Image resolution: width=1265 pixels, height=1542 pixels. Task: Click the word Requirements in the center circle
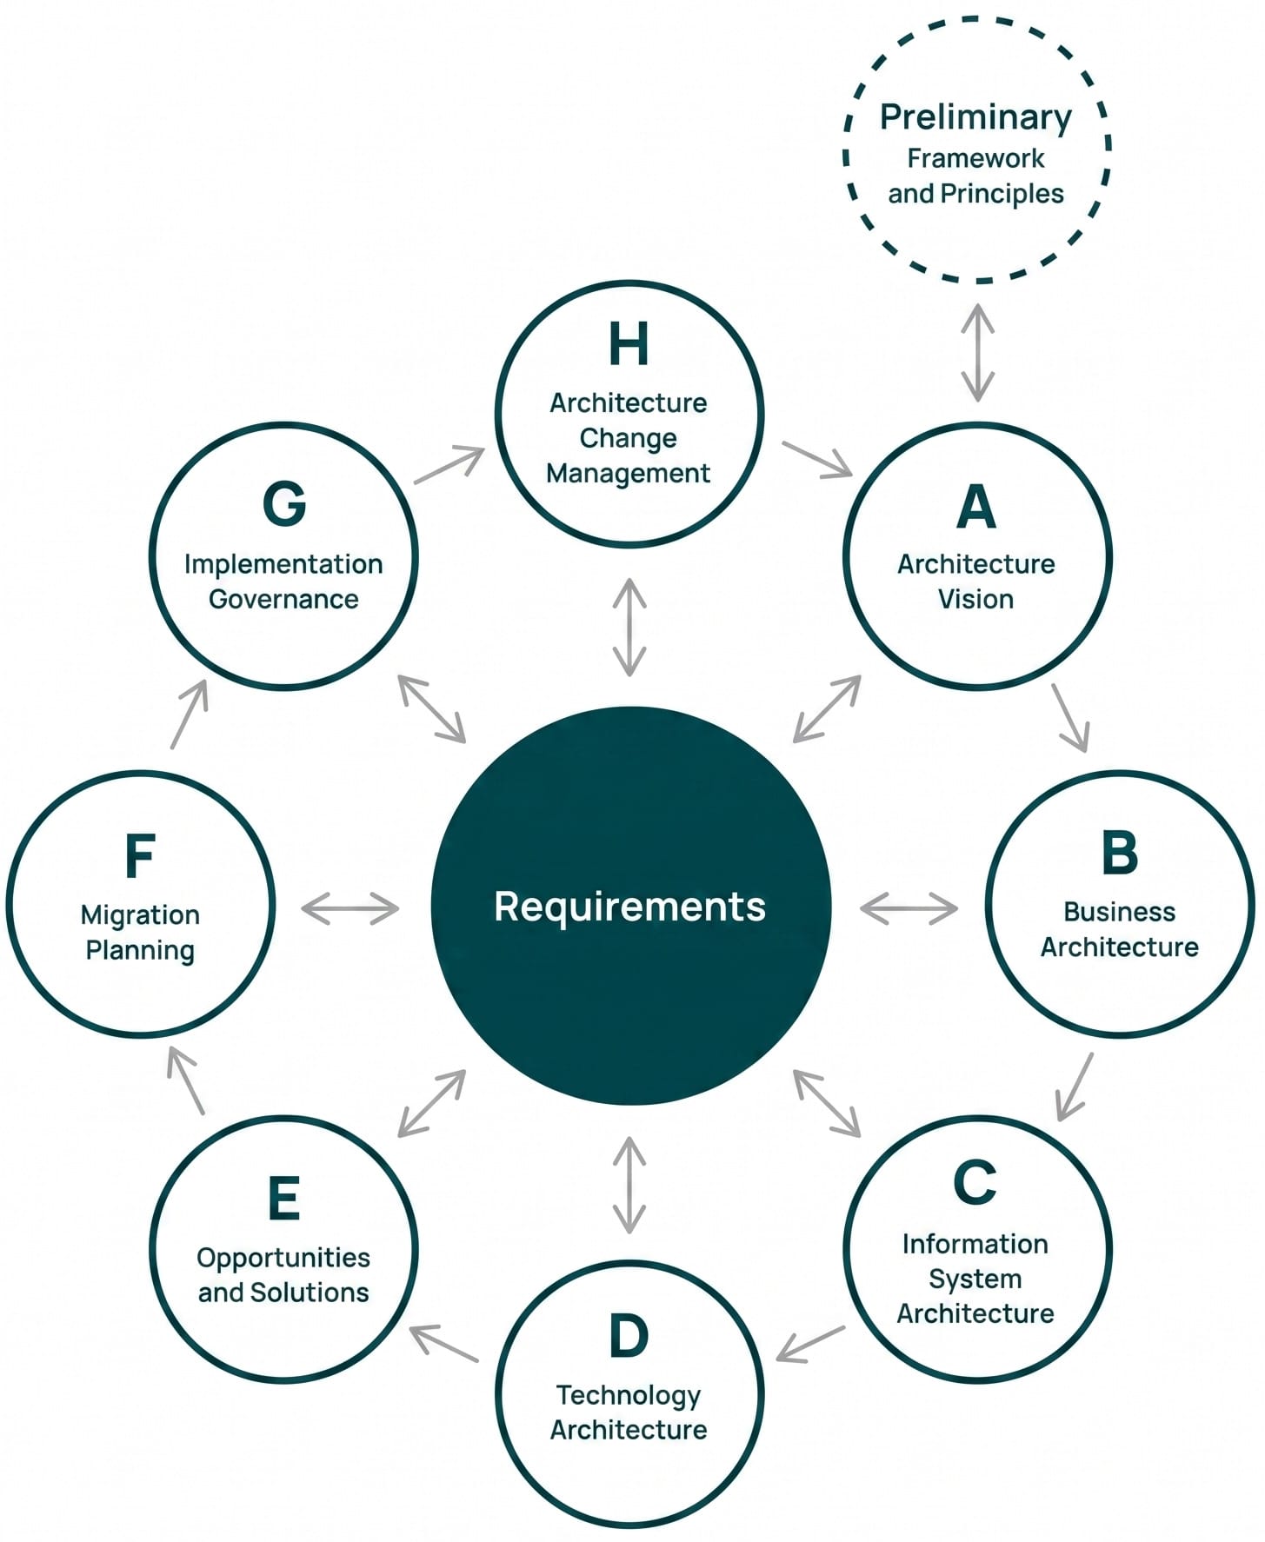pyautogui.click(x=629, y=906)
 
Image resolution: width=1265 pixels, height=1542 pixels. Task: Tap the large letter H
pyautogui.click(x=629, y=344)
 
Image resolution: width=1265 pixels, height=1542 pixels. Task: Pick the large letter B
pyautogui.click(x=1119, y=853)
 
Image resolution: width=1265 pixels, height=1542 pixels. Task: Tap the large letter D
pyautogui.click(x=629, y=1336)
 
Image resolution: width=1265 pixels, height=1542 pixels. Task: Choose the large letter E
pyautogui.click(x=284, y=1199)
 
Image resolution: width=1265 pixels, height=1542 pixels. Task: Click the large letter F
pyautogui.click(x=140, y=856)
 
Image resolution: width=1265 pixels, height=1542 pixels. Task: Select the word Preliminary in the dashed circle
pyautogui.click(x=975, y=116)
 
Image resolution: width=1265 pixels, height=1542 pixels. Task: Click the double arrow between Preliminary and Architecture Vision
pyautogui.click(x=977, y=352)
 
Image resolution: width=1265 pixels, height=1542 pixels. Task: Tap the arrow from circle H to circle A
pyautogui.click(x=817, y=459)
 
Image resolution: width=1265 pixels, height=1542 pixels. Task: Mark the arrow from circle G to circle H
pyautogui.click(x=449, y=464)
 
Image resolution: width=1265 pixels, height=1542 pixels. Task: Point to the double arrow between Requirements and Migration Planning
pyautogui.click(x=350, y=908)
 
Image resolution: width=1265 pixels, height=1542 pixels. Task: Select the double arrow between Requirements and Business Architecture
pyautogui.click(x=909, y=908)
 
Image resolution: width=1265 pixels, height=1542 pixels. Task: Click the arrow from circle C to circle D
pyautogui.click(x=810, y=1343)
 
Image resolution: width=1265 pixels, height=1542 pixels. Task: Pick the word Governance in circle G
pyautogui.click(x=283, y=599)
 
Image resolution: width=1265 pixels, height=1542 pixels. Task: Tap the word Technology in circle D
pyautogui.click(x=629, y=1395)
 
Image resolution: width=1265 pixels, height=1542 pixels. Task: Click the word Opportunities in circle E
pyautogui.click(x=283, y=1258)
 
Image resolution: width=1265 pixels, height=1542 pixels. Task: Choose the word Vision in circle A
pyautogui.click(x=975, y=599)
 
